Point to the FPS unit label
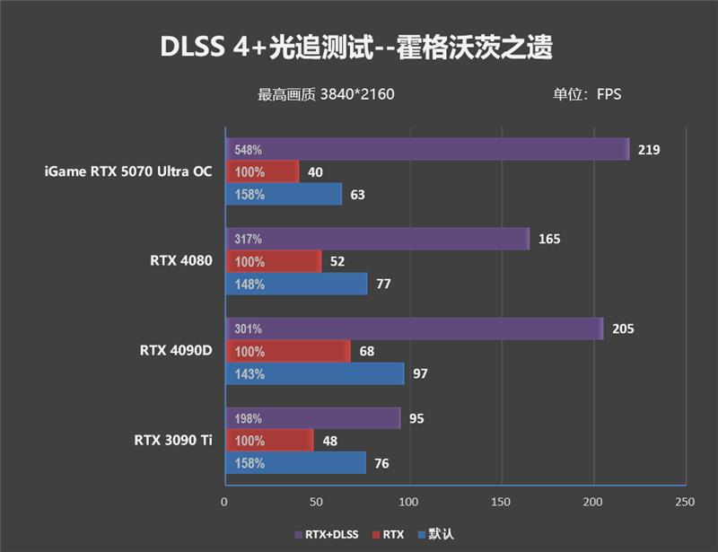click(x=587, y=94)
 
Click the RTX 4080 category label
click(x=181, y=261)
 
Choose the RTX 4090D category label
click(x=176, y=350)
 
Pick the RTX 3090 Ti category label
click(x=173, y=440)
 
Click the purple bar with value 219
click(x=426, y=149)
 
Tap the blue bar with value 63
click(x=283, y=194)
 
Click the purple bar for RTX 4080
click(x=377, y=239)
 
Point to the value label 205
click(x=623, y=329)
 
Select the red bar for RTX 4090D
click(x=287, y=351)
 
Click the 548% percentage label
click(x=248, y=149)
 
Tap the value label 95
click(x=416, y=418)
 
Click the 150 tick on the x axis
click(x=502, y=500)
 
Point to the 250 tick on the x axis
click(x=686, y=500)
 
